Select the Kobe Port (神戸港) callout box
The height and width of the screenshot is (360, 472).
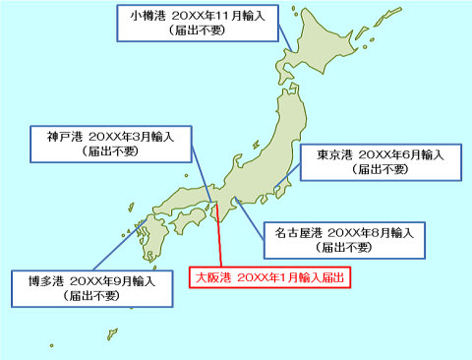pyautogui.click(x=110, y=144)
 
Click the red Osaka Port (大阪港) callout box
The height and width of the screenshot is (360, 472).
pyautogui.click(x=269, y=278)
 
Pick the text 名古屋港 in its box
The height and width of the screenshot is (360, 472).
pyautogui.click(x=297, y=233)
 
